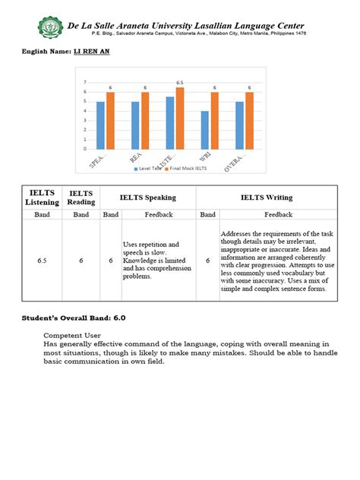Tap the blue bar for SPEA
pyautogui.click(x=100, y=125)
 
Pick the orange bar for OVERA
pyautogui.click(x=248, y=120)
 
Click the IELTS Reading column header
pyautogui.click(x=81, y=199)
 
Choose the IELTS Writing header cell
pyautogui.click(x=267, y=198)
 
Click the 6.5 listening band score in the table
pyautogui.click(x=41, y=261)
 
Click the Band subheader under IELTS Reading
pyautogui.click(x=81, y=215)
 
